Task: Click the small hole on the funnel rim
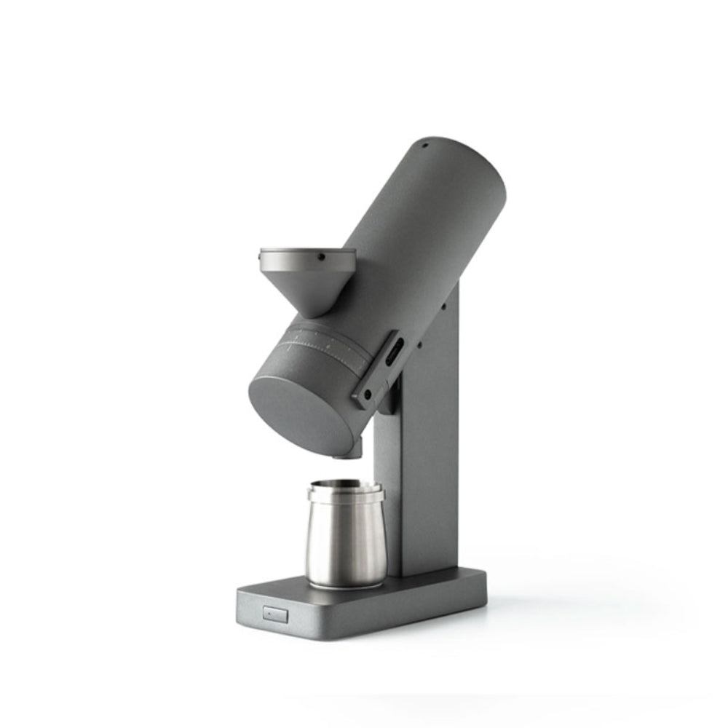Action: (319, 256)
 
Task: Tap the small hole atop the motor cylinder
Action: (424, 145)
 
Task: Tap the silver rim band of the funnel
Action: (306, 258)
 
